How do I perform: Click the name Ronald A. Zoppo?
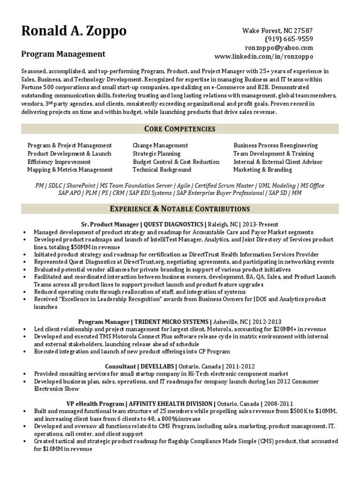[74, 31]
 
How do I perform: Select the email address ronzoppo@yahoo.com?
[279, 48]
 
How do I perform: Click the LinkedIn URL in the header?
[263, 56]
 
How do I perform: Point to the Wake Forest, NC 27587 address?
[277, 30]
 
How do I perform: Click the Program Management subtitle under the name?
[63, 54]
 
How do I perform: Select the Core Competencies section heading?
[180, 128]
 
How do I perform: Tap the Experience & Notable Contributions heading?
[180, 209]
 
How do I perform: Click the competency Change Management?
[160, 145]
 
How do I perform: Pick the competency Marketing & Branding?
[263, 170]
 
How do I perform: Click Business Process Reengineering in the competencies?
[276, 145]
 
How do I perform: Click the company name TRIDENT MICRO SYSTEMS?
[172, 322]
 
